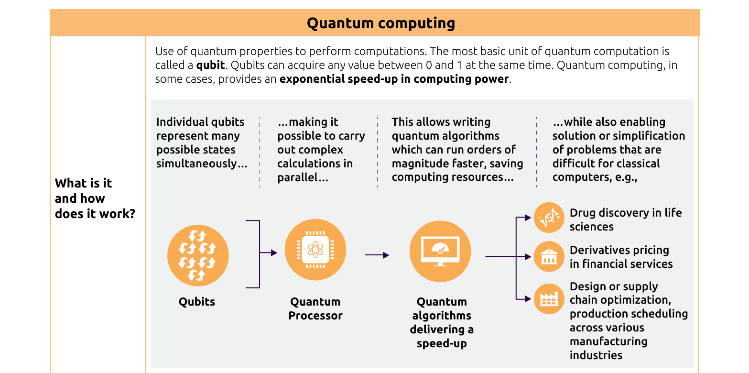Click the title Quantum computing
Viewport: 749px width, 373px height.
(380, 23)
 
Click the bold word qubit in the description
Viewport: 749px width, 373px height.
(210, 65)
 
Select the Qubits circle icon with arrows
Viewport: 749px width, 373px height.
(198, 255)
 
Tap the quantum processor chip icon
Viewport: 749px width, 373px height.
(315, 250)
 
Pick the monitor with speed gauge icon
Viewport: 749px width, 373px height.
(440, 252)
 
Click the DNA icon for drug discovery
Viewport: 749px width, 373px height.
(549, 218)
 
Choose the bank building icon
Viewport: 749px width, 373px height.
(549, 257)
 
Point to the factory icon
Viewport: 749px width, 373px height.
(549, 299)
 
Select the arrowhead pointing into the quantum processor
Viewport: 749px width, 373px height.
(274, 253)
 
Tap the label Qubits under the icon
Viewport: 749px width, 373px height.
(197, 302)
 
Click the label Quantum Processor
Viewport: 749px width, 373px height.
(315, 308)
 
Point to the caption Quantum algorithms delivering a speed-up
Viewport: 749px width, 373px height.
(442, 322)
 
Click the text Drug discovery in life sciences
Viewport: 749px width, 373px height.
(625, 219)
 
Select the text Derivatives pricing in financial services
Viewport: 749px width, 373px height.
(620, 257)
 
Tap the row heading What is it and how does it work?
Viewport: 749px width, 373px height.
(95, 198)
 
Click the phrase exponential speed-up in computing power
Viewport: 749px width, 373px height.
(394, 79)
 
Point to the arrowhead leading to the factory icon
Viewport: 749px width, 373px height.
(528, 299)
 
